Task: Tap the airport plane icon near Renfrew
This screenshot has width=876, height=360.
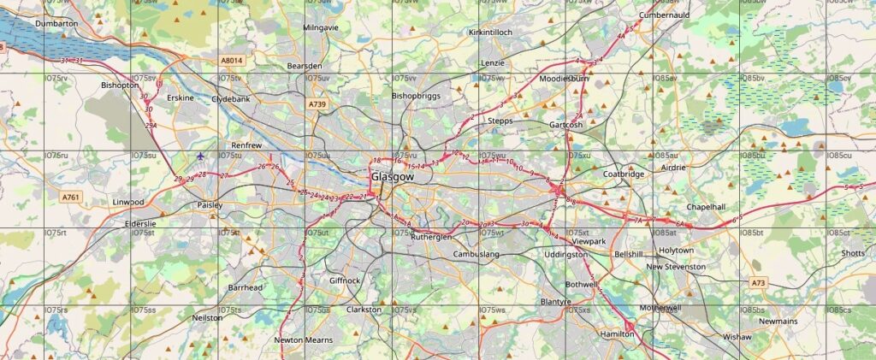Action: (x=200, y=156)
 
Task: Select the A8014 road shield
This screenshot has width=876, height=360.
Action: (x=231, y=61)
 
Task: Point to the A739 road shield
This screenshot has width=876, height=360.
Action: (x=317, y=103)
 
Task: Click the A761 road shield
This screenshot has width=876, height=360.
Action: (x=71, y=198)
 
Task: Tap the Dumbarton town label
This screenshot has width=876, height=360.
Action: (x=56, y=23)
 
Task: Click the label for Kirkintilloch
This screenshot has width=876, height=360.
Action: (x=490, y=32)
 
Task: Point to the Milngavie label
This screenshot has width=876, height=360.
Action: (x=322, y=27)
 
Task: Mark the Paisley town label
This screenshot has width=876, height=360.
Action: (x=210, y=205)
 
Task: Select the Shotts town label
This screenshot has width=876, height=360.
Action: (x=852, y=253)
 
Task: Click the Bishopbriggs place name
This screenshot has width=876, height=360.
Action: (x=416, y=96)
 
